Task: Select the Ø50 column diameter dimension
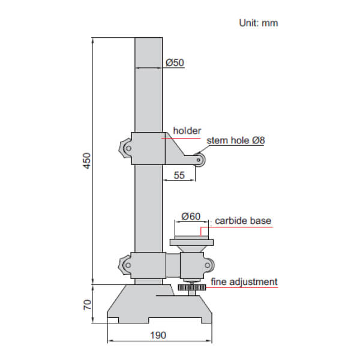click(174, 62)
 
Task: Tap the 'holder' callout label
click(187, 130)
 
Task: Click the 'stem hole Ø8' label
click(236, 141)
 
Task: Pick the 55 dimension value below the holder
click(179, 175)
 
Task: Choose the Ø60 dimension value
click(190, 215)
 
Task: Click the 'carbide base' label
click(243, 221)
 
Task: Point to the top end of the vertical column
click(149, 40)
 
